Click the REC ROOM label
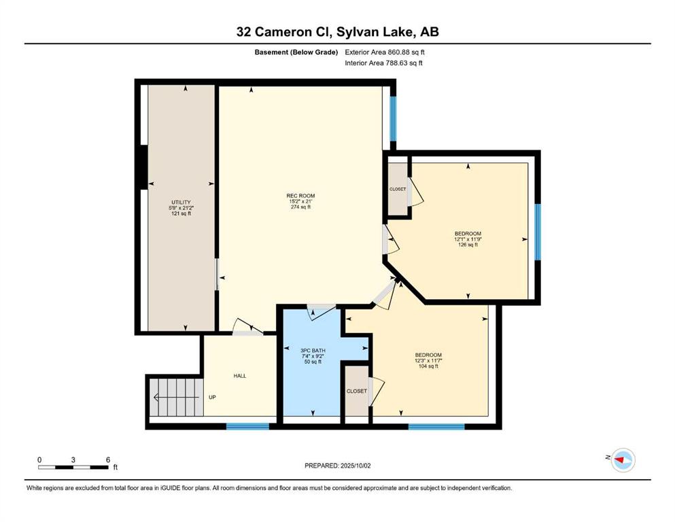(x=301, y=196)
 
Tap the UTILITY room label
(x=181, y=203)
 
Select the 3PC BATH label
(x=313, y=351)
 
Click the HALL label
(x=240, y=376)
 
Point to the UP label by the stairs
(x=212, y=397)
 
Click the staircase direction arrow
(x=176, y=397)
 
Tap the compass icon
(x=623, y=460)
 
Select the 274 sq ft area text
(x=301, y=207)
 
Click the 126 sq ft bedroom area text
(x=468, y=245)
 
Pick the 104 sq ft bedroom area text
(x=428, y=366)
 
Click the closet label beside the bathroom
(x=357, y=391)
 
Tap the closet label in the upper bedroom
(x=398, y=190)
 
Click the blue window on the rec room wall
(x=393, y=118)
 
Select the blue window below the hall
(x=248, y=426)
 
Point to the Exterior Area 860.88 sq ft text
(x=385, y=52)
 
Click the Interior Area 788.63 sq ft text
(x=383, y=63)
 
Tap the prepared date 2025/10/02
(x=356, y=466)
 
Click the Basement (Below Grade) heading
(x=296, y=52)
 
